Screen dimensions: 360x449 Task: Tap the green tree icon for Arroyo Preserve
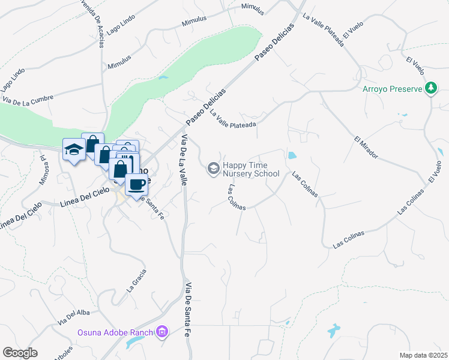tap(430, 89)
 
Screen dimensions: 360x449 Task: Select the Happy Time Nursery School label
tap(251, 169)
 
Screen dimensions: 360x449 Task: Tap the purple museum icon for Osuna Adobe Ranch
tap(161, 332)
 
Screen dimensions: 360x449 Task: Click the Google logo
tap(20, 353)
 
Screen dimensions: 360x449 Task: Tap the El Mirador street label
tap(366, 146)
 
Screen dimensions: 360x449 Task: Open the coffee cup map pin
tap(137, 185)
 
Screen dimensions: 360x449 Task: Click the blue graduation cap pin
tap(74, 149)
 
